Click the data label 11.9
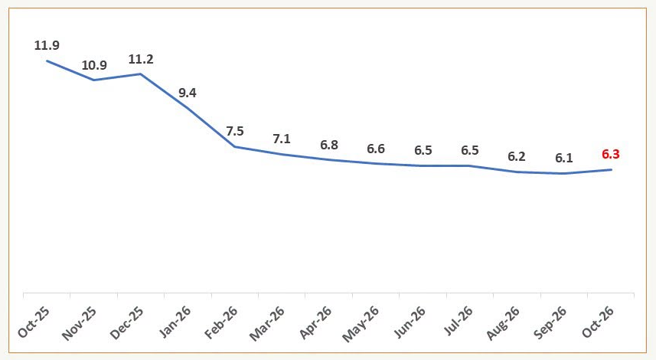pos(47,45)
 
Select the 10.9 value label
pos(94,65)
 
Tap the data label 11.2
pos(141,60)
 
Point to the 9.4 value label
pos(188,93)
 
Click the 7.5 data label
pos(235,132)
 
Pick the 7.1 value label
pos(282,139)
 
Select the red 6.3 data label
pos(611,155)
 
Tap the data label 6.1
pos(564,159)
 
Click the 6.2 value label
pos(517,156)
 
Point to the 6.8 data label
pos(329,145)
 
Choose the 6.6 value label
pos(376,149)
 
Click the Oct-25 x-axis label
pos(34,322)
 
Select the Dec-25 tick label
pos(127,323)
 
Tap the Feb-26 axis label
pos(221,322)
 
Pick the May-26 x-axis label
pos(361,324)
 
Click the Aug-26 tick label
pos(503,323)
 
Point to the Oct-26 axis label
pos(599,322)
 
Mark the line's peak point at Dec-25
pos(141,74)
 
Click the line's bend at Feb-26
pos(235,146)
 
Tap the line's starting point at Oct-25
pos(47,61)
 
